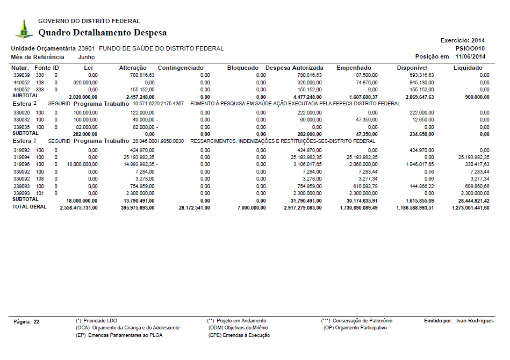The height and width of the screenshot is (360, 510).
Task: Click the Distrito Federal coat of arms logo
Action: (24, 29)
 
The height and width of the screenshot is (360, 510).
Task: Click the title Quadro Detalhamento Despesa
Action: (102, 33)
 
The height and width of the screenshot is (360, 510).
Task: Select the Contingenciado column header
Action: (181, 68)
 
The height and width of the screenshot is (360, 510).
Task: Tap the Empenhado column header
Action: (354, 68)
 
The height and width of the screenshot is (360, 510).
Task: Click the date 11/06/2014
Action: (470, 56)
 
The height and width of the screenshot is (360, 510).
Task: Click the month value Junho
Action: (87, 57)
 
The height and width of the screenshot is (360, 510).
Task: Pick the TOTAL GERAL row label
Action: (30, 207)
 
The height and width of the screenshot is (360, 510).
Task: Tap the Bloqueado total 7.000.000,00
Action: (247, 207)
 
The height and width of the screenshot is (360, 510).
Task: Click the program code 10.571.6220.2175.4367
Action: (158, 103)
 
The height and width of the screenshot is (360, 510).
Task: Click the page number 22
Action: (37, 321)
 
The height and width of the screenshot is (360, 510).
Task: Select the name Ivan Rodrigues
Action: (475, 321)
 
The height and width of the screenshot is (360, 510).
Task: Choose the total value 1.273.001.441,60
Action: (470, 207)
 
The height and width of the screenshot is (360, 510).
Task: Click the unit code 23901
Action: (87, 48)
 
